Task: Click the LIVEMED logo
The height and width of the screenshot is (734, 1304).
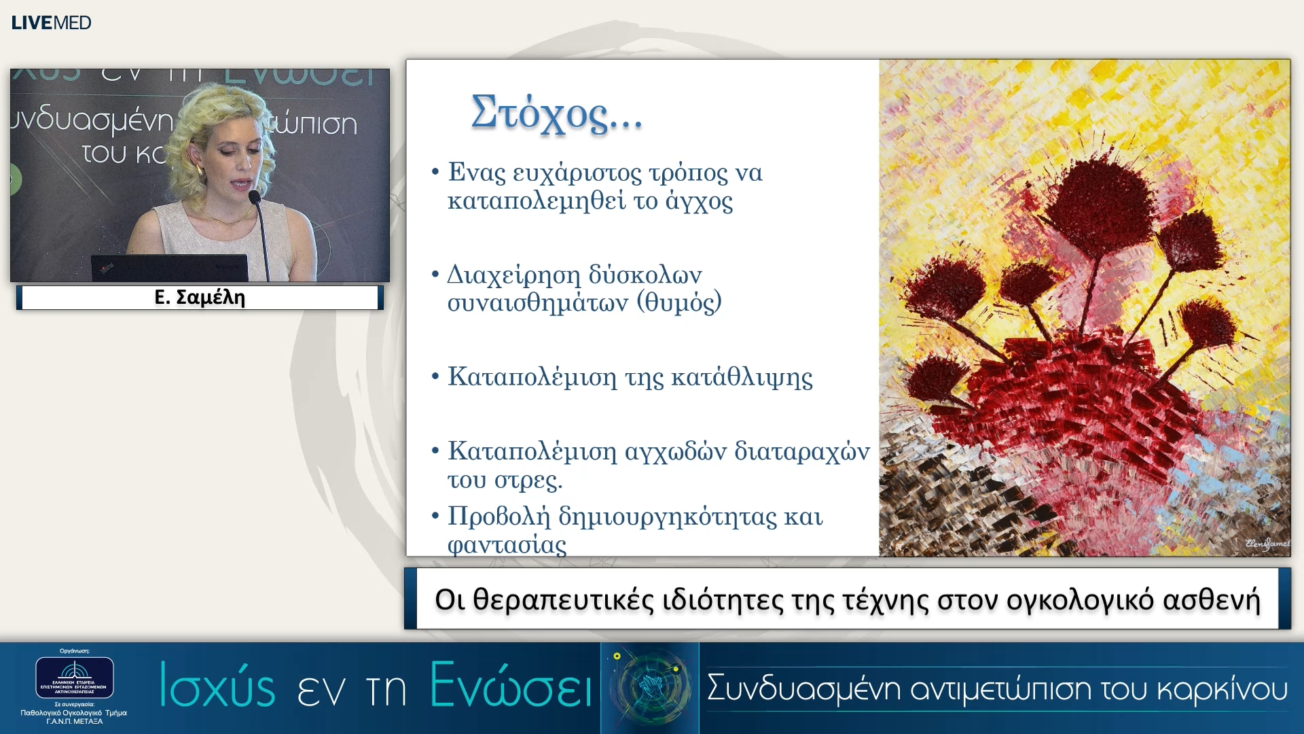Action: [51, 22]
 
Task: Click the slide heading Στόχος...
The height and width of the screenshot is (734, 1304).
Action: [555, 113]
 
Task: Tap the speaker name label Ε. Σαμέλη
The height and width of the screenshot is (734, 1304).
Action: [200, 297]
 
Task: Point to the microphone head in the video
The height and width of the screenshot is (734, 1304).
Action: [255, 197]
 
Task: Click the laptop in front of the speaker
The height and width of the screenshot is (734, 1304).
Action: [170, 268]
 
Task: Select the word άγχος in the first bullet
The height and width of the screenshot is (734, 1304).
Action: [699, 202]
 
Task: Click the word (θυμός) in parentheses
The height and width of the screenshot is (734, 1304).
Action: [678, 302]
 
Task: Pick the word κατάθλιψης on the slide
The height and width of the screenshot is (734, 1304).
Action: [742, 377]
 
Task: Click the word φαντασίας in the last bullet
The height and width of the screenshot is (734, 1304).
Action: [507, 545]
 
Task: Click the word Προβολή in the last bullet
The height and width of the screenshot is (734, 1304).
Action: [499, 517]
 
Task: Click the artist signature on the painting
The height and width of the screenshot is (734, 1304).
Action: [1267, 544]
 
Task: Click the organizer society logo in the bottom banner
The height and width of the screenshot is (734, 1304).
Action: [75, 677]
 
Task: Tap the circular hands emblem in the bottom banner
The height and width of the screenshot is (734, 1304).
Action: [650, 686]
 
